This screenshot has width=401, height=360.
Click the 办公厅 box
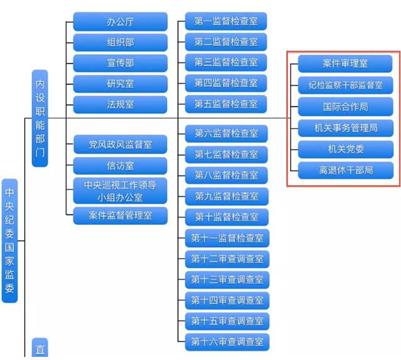(x=120, y=22)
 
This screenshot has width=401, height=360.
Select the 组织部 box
(x=120, y=43)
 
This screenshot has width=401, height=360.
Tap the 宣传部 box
(x=120, y=63)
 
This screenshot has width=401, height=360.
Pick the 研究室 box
(x=120, y=84)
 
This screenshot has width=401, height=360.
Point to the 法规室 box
(x=120, y=105)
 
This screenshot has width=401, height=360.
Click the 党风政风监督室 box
(x=120, y=144)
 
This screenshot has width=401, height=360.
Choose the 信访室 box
(x=120, y=164)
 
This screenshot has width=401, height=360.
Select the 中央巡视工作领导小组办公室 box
(x=120, y=190)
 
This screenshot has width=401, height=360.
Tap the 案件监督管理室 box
(x=120, y=216)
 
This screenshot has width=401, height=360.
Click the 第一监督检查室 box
(x=226, y=21)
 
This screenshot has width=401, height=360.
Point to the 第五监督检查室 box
(x=226, y=104)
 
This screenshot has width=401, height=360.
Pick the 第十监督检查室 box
(x=226, y=217)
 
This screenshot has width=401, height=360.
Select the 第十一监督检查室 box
(x=227, y=238)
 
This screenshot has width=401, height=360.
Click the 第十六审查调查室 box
(x=227, y=342)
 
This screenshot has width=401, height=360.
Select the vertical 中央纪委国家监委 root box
(x=9, y=240)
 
